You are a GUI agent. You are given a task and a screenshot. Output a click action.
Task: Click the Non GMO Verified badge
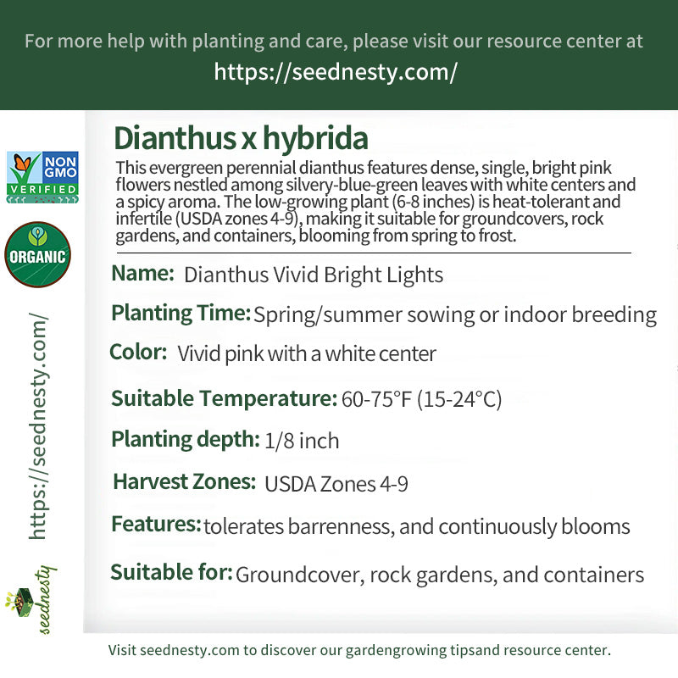click(42, 177)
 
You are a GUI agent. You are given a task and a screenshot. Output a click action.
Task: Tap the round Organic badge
click(37, 255)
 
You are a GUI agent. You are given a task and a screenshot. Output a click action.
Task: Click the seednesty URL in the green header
click(336, 72)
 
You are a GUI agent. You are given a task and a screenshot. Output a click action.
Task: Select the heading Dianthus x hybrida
click(241, 138)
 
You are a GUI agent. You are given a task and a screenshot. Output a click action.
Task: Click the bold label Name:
click(142, 273)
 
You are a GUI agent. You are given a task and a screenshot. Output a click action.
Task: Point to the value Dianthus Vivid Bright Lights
click(314, 275)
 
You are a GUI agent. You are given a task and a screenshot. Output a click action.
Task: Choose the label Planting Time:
click(181, 313)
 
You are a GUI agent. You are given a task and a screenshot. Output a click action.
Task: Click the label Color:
click(138, 352)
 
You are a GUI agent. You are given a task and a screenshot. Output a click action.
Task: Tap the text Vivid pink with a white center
click(307, 353)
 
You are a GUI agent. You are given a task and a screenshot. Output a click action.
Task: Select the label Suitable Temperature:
click(224, 397)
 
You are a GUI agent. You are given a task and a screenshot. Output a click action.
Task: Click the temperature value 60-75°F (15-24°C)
click(421, 398)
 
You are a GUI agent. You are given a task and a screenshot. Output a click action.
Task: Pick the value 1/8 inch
click(302, 441)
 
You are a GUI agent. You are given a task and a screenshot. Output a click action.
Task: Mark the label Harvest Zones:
click(184, 481)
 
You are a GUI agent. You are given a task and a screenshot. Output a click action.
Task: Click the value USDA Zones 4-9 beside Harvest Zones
click(336, 484)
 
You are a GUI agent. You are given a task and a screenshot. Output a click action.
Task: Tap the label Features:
click(156, 524)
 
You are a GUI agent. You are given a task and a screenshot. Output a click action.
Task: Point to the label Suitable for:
click(172, 572)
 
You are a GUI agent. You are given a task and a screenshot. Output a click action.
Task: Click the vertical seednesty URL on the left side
click(38, 426)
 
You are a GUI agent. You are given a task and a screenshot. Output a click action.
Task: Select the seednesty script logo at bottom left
click(31, 600)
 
